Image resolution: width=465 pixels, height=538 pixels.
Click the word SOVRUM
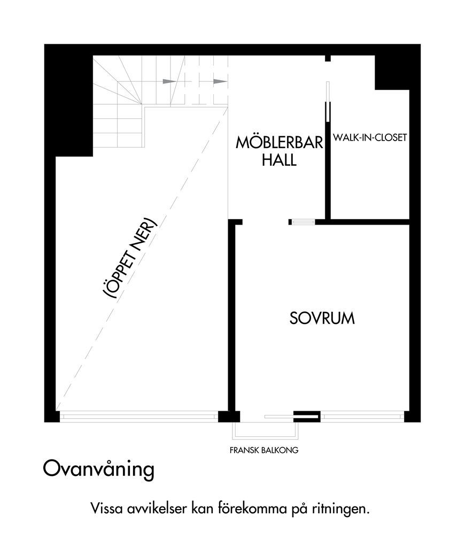(x=322, y=318)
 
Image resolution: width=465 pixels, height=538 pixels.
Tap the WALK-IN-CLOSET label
(x=370, y=137)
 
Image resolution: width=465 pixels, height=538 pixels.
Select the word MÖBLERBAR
(x=280, y=142)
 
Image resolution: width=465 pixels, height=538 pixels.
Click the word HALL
(x=279, y=160)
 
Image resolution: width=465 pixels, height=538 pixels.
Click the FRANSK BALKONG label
(x=264, y=450)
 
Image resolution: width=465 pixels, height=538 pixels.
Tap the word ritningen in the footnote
(x=340, y=509)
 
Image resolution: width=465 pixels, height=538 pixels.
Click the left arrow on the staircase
(x=169, y=81)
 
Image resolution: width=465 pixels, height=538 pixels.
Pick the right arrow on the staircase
(x=220, y=81)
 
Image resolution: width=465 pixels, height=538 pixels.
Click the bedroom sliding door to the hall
(x=302, y=222)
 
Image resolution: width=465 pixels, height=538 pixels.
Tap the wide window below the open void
(x=139, y=416)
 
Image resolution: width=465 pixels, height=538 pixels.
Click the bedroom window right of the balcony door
(x=362, y=416)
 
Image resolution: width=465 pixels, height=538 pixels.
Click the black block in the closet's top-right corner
(x=392, y=72)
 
